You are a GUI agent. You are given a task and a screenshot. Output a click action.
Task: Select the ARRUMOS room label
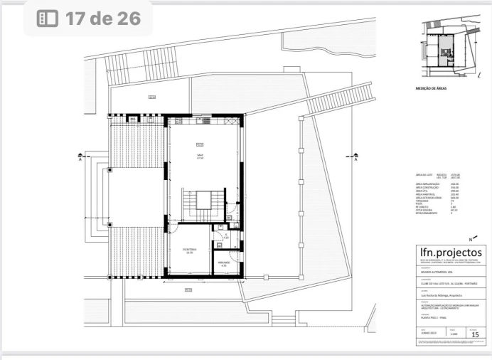(223, 264)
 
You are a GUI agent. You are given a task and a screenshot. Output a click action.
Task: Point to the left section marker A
(81, 158)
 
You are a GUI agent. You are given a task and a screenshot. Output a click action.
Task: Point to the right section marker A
(353, 158)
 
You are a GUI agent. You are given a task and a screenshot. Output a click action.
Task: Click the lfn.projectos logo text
(451, 253)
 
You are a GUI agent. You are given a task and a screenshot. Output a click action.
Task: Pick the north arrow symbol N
(472, 239)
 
